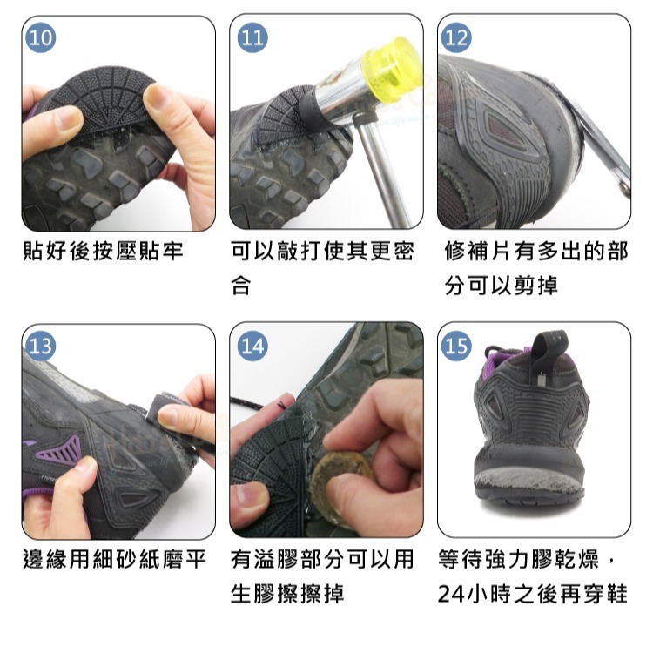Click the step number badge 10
tap(40, 38)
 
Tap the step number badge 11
tap(252, 38)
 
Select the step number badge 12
tap(456, 38)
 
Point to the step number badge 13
tap(40, 346)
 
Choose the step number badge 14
tap(252, 346)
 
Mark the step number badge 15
tap(456, 346)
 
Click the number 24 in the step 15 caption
tap(451, 594)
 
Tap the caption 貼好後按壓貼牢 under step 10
tap(103, 251)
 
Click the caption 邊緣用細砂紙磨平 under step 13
tap(115, 559)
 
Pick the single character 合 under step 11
tap(240, 286)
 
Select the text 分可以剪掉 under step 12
tap(501, 286)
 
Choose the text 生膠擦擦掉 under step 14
tap(287, 594)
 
